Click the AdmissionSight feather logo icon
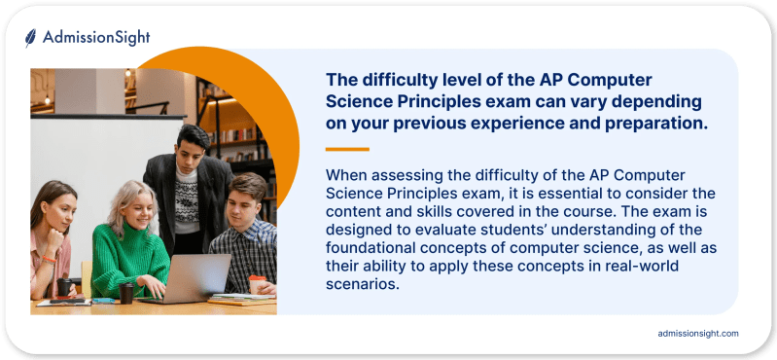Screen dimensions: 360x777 pyautogui.click(x=31, y=37)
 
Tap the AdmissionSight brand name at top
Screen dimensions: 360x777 pyautogui.click(x=95, y=38)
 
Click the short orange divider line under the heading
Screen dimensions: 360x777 pyautogui.click(x=347, y=149)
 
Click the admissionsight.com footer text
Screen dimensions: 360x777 pyautogui.click(x=698, y=334)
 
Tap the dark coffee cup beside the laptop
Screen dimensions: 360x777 pyautogui.click(x=126, y=293)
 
